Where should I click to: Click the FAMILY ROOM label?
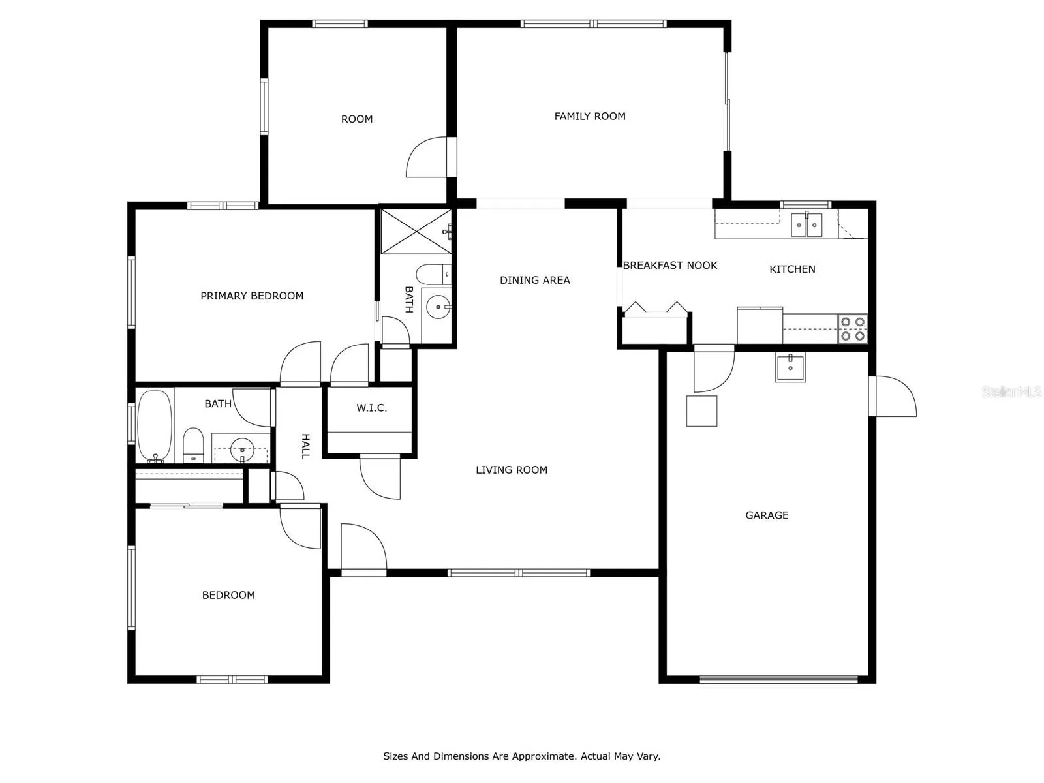(x=590, y=116)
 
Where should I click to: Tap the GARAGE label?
(x=767, y=515)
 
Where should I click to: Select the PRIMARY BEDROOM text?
(x=252, y=296)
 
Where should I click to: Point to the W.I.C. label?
(x=371, y=407)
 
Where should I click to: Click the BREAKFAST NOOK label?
(x=669, y=266)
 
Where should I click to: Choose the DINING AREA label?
(x=534, y=280)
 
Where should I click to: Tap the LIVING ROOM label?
(x=512, y=470)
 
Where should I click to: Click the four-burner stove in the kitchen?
(x=853, y=328)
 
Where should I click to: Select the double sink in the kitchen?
(x=806, y=225)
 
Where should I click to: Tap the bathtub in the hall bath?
(x=155, y=425)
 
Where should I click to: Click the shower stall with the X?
(x=416, y=231)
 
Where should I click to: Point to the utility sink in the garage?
(x=790, y=367)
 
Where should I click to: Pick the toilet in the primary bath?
(x=433, y=274)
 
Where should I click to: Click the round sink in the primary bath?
(x=438, y=307)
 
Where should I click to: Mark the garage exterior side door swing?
(x=893, y=397)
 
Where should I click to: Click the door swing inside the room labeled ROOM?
(x=427, y=157)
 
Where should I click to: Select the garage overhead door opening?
(x=778, y=679)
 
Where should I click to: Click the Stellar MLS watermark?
(x=1011, y=391)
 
